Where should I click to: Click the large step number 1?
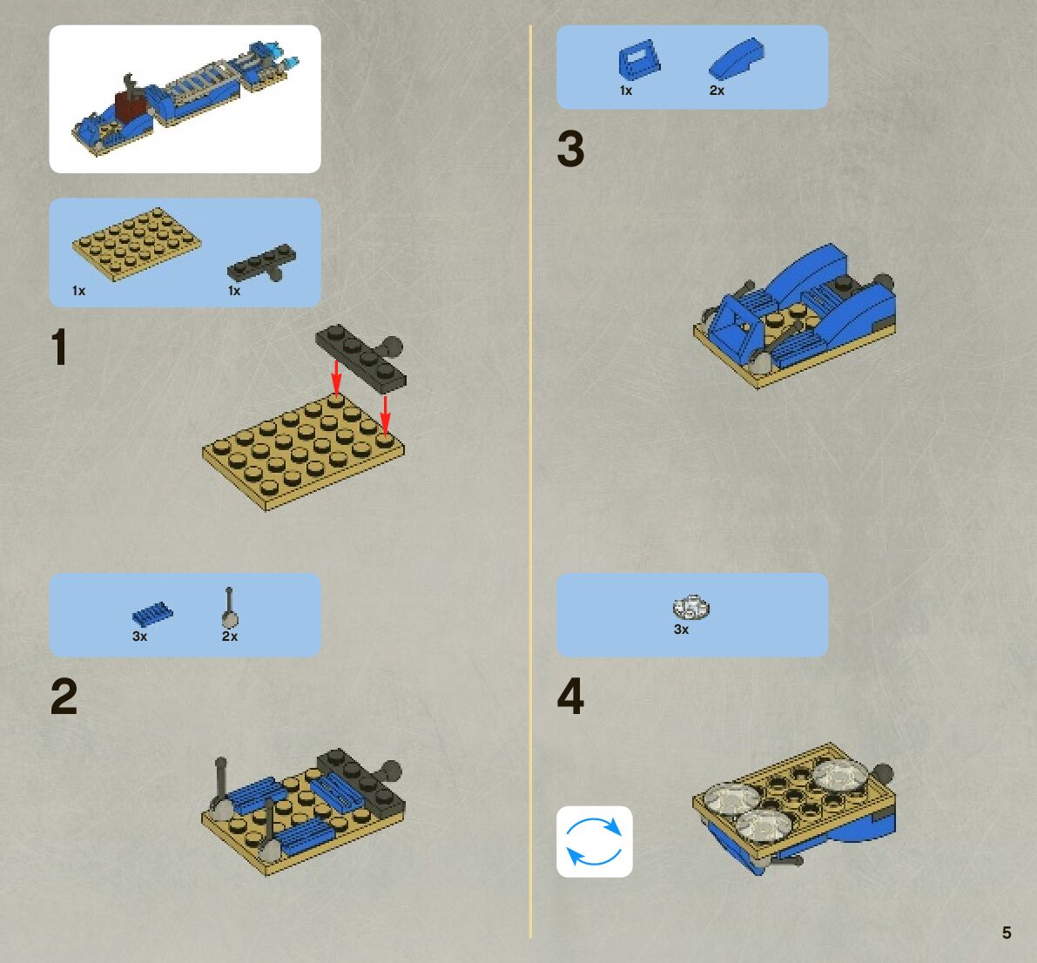point(59,347)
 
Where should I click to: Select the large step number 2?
point(64,696)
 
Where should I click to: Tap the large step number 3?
point(571,148)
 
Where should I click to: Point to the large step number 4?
point(571,696)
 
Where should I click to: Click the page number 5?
point(1007,933)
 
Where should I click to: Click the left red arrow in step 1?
point(336,377)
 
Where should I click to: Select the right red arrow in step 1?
point(386,413)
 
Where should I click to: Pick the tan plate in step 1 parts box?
point(136,244)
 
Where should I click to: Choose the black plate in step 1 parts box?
point(262,262)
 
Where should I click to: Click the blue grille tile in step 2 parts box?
point(152,614)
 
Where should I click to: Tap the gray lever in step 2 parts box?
point(230,607)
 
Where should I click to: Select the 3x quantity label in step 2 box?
point(139,636)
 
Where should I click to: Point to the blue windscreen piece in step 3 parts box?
point(639,59)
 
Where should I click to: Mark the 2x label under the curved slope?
point(717,91)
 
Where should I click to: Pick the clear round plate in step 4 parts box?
point(691,607)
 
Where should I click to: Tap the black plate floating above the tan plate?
point(360,355)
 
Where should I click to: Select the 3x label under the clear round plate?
point(681,630)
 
